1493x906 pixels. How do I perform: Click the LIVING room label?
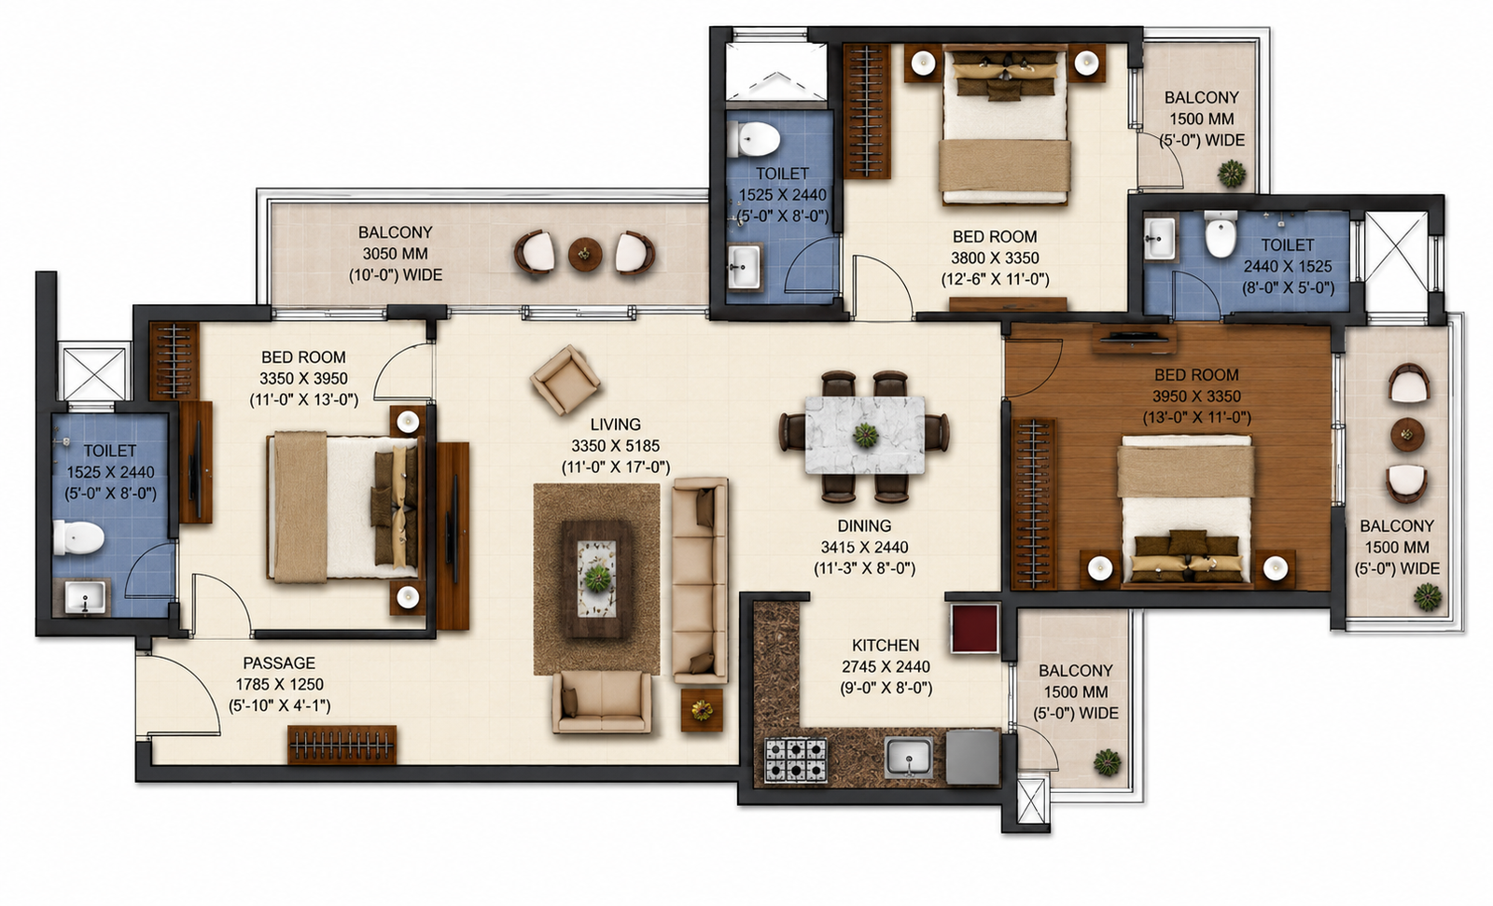[x=615, y=425]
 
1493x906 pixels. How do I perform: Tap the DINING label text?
[x=864, y=526]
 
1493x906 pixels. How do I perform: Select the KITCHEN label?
[x=886, y=646]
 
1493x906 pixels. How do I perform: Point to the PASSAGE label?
[x=279, y=663]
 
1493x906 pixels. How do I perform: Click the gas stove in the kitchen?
[x=796, y=760]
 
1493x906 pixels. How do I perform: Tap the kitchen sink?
[x=909, y=758]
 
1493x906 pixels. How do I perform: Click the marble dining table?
[x=865, y=436]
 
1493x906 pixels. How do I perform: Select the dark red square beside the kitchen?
[x=974, y=629]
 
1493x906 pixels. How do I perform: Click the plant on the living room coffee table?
[x=597, y=578]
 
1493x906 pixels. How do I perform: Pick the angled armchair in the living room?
[x=565, y=380]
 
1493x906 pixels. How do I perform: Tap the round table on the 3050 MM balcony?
[x=585, y=254]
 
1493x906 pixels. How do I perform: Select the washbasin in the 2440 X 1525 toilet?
[x=1160, y=238]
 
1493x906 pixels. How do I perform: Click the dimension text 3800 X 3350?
[x=995, y=258]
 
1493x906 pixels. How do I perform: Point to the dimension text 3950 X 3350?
[x=1196, y=397]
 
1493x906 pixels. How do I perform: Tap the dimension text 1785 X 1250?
[x=279, y=685]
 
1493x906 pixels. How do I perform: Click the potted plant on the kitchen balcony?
[x=1107, y=762]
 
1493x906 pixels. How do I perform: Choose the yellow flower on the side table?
[x=702, y=710]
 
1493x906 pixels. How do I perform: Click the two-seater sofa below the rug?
[x=601, y=702]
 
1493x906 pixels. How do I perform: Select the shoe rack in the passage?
[x=342, y=745]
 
